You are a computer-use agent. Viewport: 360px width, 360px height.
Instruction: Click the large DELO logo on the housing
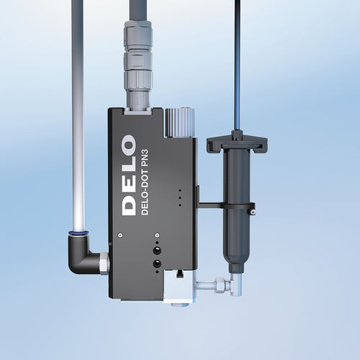tap(129, 172)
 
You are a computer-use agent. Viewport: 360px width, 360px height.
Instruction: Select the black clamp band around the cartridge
tap(230, 207)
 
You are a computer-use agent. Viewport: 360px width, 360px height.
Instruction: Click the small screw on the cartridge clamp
tap(252, 212)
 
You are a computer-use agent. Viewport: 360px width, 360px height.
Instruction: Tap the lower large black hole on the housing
tap(156, 265)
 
